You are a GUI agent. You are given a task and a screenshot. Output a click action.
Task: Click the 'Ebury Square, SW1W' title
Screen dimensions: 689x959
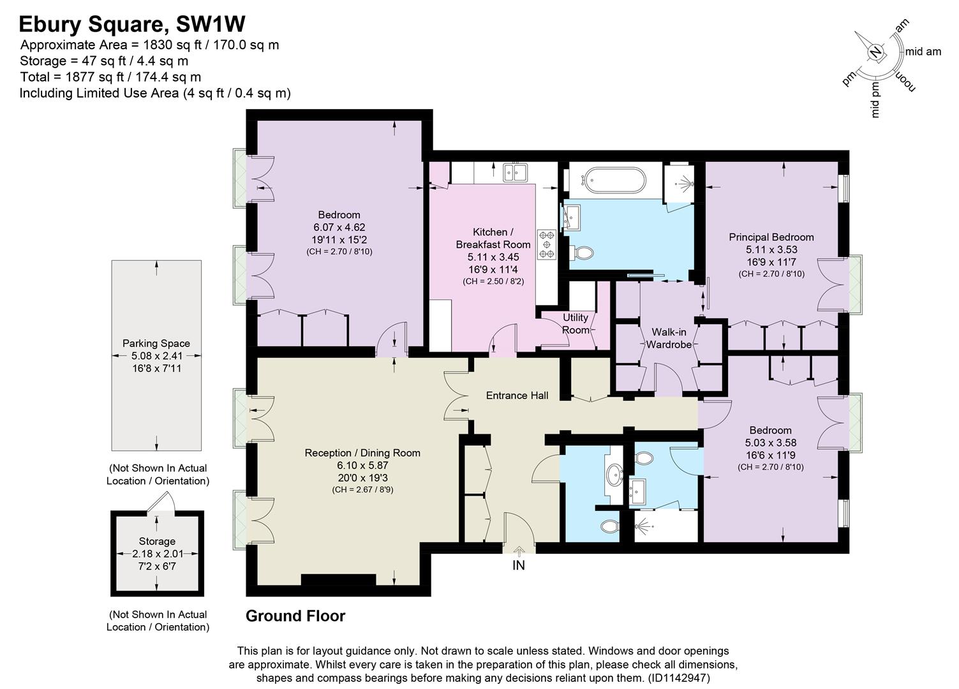[132, 24]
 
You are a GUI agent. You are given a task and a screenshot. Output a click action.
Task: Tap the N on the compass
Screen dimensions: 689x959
[877, 52]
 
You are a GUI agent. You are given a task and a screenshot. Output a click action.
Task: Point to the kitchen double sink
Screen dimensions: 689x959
[514, 172]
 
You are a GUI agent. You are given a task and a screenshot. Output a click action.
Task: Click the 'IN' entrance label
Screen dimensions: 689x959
[519, 565]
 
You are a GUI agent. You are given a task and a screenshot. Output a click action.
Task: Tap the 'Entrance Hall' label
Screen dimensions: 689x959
[517, 396]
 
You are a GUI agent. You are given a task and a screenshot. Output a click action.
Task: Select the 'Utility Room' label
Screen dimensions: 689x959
[575, 324]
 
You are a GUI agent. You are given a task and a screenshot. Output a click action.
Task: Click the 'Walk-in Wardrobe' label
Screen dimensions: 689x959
[669, 339]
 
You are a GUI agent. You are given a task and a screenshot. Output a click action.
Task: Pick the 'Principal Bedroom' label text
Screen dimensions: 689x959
[771, 237]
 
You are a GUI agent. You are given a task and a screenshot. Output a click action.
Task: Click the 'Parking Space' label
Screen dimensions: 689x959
[156, 344]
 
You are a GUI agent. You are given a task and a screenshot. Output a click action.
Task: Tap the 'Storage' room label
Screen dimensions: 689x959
[157, 542]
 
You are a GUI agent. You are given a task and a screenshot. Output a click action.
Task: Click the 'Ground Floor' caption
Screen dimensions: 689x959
[295, 616]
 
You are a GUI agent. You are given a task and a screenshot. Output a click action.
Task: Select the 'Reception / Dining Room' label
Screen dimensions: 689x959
[362, 454]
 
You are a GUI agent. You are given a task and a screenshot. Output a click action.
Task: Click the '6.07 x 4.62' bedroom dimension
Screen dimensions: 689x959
[339, 227]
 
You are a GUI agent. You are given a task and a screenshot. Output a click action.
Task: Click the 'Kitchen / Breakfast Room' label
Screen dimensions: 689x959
[493, 238]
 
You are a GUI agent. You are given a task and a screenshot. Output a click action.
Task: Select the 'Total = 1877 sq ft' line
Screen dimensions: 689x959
[110, 77]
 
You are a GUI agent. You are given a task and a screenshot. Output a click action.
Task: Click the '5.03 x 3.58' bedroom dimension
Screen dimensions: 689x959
[771, 443]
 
